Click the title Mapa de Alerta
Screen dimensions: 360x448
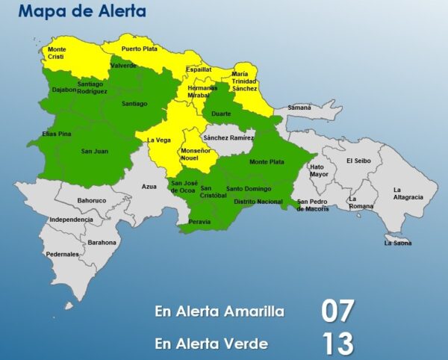82,12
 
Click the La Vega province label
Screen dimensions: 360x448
158,140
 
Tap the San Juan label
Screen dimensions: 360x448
95,152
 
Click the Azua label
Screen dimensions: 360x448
149,184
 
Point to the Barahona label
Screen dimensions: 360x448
102,243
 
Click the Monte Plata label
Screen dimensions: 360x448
267,161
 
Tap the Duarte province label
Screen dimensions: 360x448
221,114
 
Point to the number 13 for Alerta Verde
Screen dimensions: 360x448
337,344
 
